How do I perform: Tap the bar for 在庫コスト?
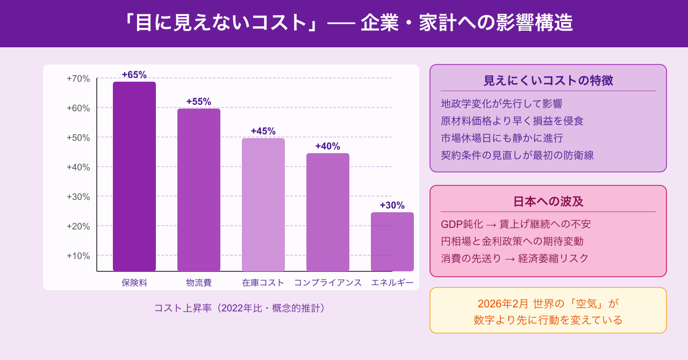[263, 204]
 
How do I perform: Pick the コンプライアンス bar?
[328, 212]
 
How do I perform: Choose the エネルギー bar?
[392, 241]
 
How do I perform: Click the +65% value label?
[134, 75]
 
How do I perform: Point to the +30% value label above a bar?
[392, 205]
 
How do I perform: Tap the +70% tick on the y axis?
[78, 78]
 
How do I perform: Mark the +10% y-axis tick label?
[78, 256]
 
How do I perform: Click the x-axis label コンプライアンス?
[328, 283]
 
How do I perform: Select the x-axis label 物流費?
[199, 283]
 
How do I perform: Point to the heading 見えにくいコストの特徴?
[548, 81]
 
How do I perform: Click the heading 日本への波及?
[548, 201]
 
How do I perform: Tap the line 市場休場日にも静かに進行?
[501, 138]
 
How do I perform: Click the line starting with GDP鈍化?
[515, 224]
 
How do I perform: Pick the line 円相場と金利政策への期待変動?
[512, 241]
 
